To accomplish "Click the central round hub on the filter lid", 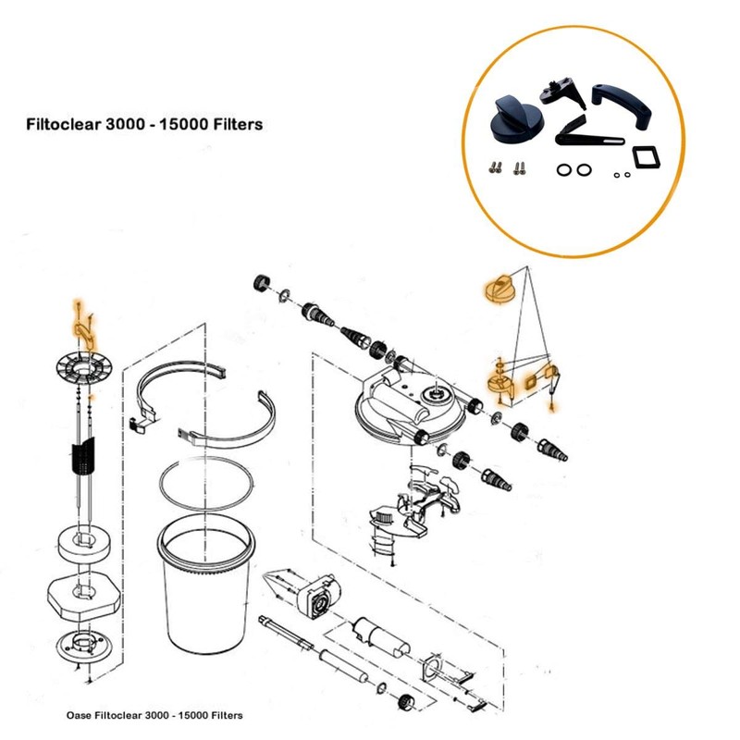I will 433,395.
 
